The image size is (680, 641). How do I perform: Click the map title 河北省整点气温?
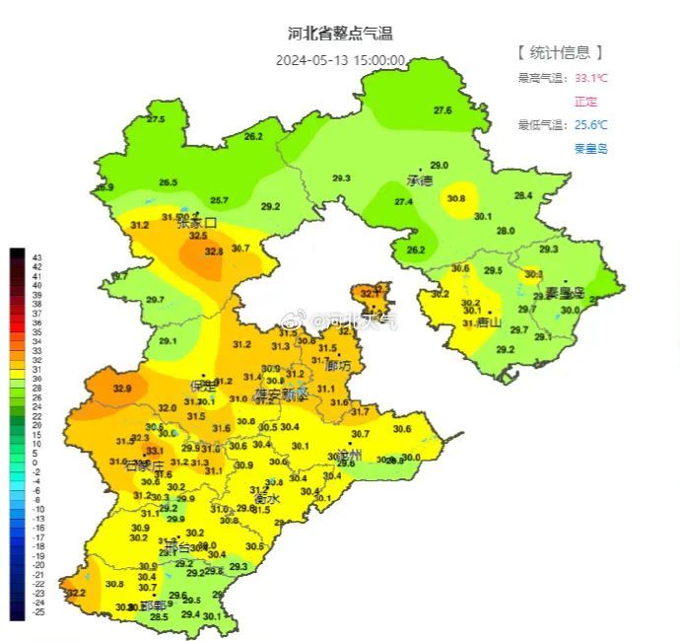340,34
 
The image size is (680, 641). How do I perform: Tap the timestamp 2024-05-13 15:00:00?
340,59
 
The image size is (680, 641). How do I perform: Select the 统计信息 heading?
560,52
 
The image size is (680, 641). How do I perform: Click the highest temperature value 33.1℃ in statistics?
590,78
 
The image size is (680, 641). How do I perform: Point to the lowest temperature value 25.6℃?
590,124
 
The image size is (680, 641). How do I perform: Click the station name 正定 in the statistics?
585,102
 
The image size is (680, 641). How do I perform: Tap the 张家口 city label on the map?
196,224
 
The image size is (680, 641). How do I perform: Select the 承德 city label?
420,180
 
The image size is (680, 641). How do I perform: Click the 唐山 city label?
489,322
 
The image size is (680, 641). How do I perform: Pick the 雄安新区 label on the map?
282,393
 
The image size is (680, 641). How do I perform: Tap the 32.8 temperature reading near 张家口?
214,251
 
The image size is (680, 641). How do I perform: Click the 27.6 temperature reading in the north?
442,110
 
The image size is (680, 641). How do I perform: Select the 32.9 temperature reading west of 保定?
121,389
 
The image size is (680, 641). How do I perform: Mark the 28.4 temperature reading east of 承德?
522,195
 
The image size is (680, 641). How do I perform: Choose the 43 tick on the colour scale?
38,255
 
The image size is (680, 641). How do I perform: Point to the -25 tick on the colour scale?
38,612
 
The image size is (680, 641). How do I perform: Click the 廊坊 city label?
338,366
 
